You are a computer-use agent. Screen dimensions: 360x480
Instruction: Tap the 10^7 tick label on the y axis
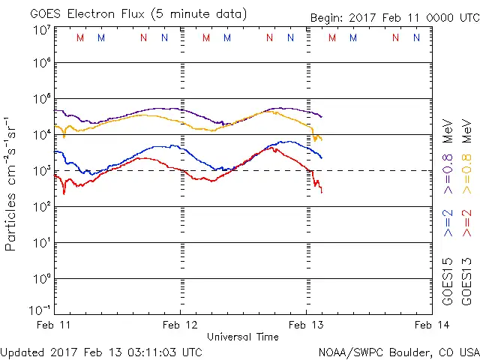click(x=41, y=30)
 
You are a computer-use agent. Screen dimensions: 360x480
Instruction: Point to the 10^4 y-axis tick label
click(x=41, y=134)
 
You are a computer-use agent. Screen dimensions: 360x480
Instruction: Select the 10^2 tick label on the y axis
click(x=41, y=206)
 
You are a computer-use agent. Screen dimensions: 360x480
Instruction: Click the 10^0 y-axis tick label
click(x=41, y=278)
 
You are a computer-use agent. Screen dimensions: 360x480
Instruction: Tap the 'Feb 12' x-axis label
click(x=181, y=325)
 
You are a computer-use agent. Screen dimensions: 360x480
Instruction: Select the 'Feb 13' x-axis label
click(x=306, y=325)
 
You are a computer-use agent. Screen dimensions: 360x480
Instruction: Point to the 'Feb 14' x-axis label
click(x=431, y=325)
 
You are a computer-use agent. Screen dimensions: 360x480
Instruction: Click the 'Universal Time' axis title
click(x=243, y=337)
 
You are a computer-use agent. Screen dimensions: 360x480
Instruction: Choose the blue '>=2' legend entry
click(x=448, y=223)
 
